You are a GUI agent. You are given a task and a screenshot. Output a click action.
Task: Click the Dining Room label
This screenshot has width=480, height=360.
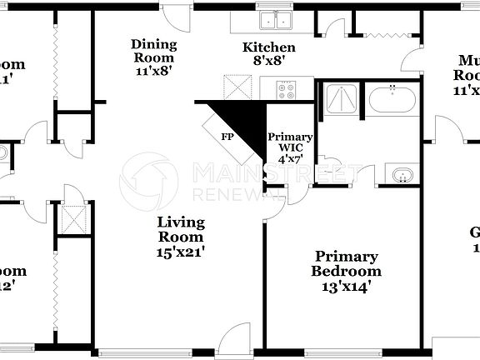[x=153, y=51]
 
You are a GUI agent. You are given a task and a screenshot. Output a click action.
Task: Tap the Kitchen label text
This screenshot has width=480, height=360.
[x=268, y=47]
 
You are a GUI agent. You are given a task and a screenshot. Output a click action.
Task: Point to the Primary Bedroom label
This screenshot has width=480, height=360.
[x=346, y=263]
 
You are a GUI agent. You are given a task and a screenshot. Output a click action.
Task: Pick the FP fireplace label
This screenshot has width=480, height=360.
[x=227, y=136]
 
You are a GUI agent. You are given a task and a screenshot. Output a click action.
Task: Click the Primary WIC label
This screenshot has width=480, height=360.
[x=290, y=143]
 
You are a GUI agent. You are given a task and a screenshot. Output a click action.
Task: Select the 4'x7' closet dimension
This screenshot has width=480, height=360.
[x=290, y=158]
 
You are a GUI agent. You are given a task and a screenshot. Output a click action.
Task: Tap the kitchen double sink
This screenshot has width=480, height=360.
[x=274, y=21]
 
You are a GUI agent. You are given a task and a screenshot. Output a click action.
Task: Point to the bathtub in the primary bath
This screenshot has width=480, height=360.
[x=392, y=99]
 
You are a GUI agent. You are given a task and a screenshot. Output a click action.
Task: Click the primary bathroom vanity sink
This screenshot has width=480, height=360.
[x=402, y=175]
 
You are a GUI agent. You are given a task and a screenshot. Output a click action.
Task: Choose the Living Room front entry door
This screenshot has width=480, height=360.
[x=235, y=339]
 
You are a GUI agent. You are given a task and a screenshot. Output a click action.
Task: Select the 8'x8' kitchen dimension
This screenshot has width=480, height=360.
[x=268, y=60]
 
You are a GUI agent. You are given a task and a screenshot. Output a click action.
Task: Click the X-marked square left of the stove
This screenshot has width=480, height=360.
[x=237, y=86]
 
